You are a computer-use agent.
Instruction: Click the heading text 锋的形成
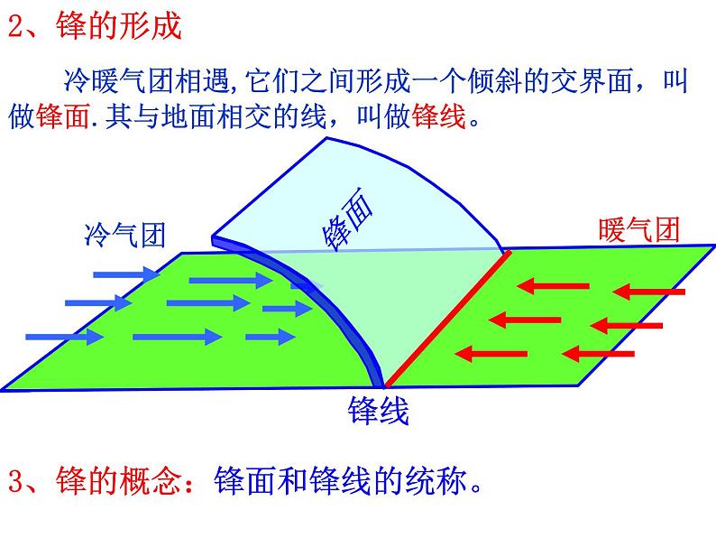[118, 27]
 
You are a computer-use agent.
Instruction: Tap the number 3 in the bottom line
[14, 483]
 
